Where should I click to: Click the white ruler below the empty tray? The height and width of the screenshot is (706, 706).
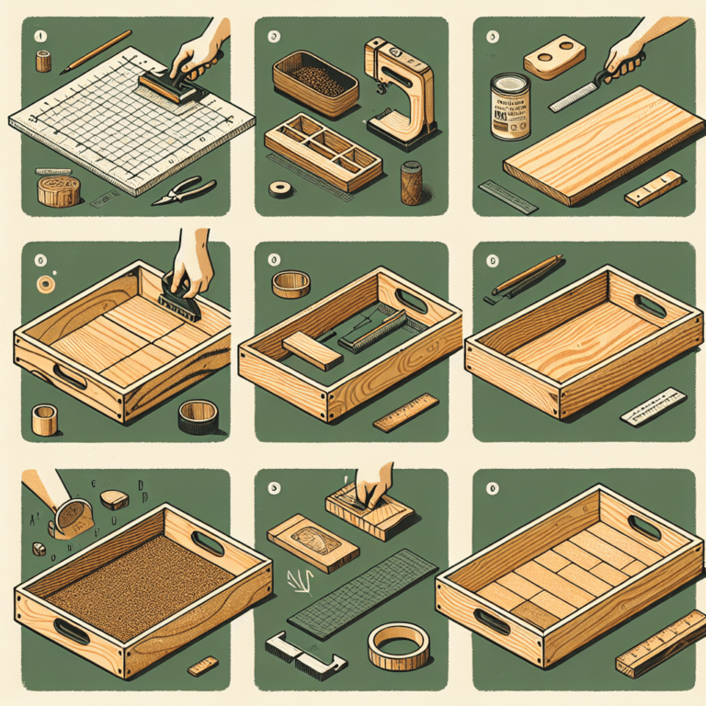(x=654, y=408)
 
